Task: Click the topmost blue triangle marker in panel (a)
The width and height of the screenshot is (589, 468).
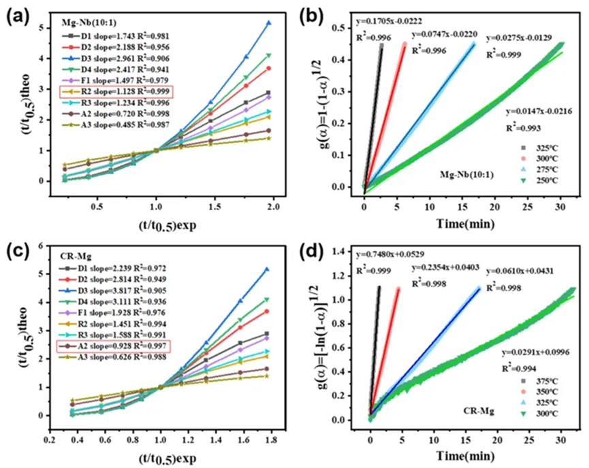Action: tap(268, 23)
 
